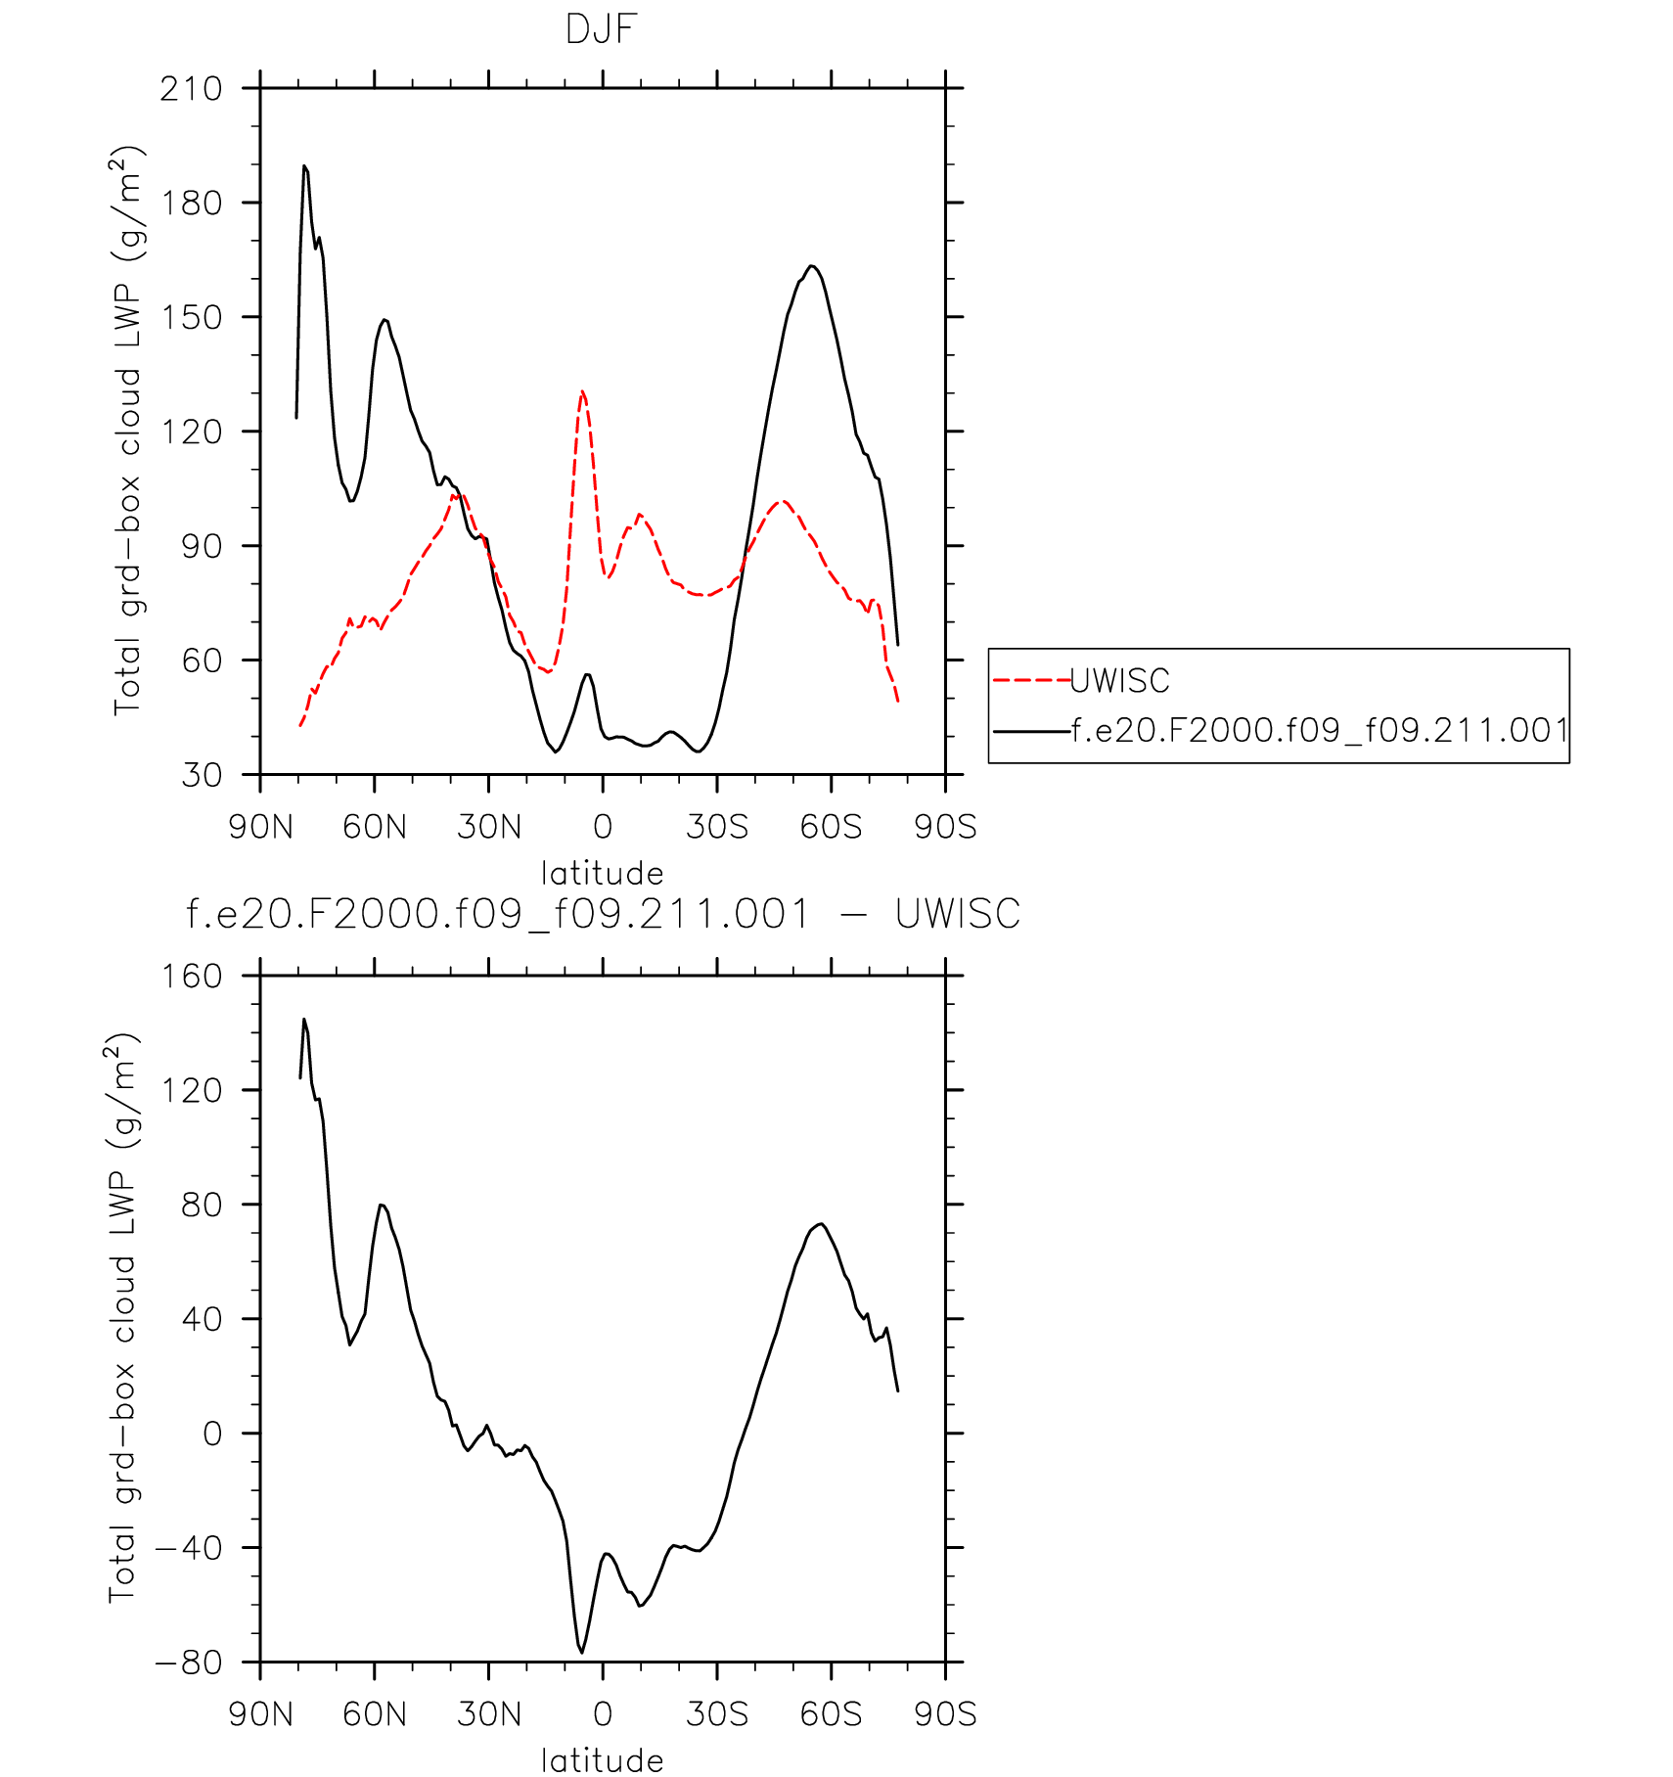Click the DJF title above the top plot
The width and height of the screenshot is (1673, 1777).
(x=601, y=29)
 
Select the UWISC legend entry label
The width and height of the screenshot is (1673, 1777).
(x=1119, y=680)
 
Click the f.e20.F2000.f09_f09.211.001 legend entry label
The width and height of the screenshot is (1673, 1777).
(x=1320, y=730)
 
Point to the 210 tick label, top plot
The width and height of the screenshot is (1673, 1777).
(x=191, y=89)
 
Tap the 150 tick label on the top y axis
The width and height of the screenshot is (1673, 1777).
(x=191, y=317)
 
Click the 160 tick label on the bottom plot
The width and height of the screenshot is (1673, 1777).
(x=191, y=976)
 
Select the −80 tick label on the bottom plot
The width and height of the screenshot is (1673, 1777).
(x=189, y=1662)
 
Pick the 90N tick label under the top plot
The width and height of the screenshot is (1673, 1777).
(x=260, y=827)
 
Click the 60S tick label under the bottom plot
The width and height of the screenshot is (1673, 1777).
(x=831, y=1713)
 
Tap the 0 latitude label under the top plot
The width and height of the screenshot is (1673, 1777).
(x=603, y=827)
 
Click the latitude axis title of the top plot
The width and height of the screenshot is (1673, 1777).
(x=602, y=873)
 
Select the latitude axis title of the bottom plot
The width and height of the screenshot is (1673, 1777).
(x=602, y=1760)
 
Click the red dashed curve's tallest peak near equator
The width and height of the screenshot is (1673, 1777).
(x=582, y=392)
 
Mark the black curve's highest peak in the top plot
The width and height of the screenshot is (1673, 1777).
(x=304, y=166)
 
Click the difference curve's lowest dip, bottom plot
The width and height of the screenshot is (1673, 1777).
(x=582, y=1652)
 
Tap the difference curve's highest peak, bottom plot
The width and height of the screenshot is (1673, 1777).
(x=304, y=1020)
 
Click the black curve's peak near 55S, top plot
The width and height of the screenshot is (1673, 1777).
(x=812, y=266)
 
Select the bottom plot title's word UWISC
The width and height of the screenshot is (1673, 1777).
(x=957, y=915)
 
